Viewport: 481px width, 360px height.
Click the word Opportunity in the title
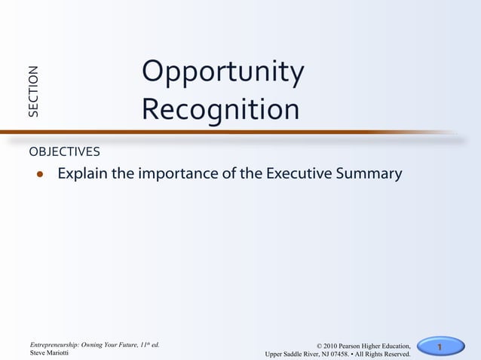point(222,73)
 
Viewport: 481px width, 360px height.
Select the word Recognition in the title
point(220,110)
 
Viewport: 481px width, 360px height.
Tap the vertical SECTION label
point(33,92)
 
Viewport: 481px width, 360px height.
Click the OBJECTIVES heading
point(64,151)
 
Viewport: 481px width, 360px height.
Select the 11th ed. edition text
point(148,344)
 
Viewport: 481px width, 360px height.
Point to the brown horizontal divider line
point(226,133)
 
